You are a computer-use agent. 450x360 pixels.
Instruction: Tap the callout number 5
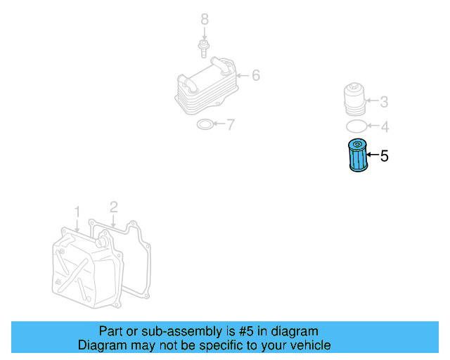[x=384, y=156]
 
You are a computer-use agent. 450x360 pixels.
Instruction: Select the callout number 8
[x=205, y=19]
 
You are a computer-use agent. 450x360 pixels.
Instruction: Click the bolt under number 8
[x=204, y=49]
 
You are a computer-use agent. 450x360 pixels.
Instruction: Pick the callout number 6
[x=255, y=75]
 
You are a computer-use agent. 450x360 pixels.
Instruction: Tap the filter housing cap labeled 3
[x=355, y=99]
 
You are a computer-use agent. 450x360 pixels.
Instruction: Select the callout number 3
[x=384, y=102]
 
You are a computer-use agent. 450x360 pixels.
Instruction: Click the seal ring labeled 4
[x=356, y=127]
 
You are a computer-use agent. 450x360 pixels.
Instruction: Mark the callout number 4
[x=384, y=127]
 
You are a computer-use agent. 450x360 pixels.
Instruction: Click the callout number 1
[x=77, y=211]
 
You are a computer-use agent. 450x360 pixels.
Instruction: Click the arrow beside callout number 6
[x=243, y=75]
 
